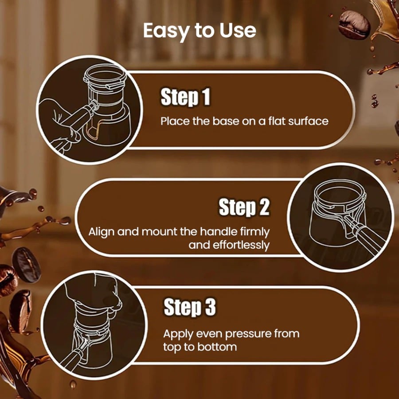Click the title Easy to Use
199,31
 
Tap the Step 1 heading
185,97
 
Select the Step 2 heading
244,207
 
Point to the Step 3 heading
190,307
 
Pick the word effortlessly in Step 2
229,245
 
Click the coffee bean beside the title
354,25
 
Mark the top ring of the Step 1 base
105,76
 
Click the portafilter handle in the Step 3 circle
74,354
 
